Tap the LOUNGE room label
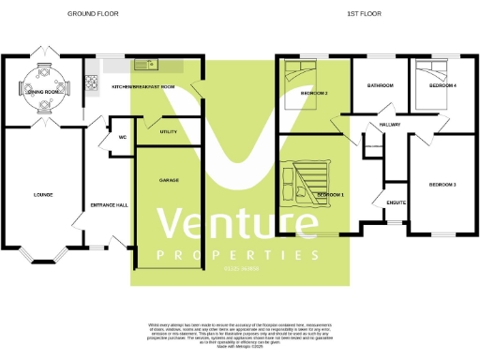click(43, 195)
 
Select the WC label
click(122, 139)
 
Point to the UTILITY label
click(169, 132)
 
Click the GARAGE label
click(169, 180)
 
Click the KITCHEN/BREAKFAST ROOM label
click(143, 86)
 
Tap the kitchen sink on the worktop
click(147, 65)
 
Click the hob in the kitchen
click(93, 80)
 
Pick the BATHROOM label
click(381, 86)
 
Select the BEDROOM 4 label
click(442, 86)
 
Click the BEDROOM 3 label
click(442, 185)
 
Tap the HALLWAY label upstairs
click(391, 126)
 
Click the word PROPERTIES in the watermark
click(239, 257)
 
